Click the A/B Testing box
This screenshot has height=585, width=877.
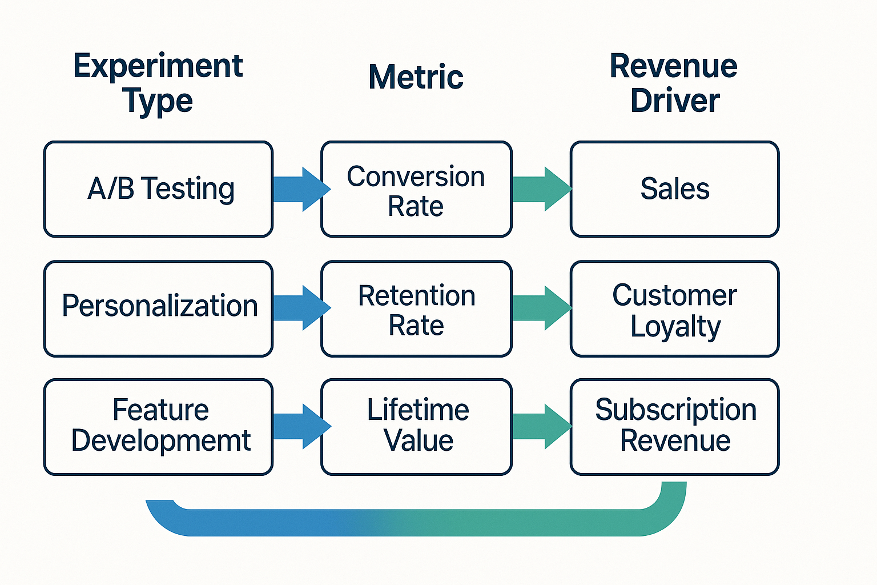point(158,189)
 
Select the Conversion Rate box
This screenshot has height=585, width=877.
point(416,189)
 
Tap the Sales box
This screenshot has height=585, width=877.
point(674,189)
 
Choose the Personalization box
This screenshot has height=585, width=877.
point(158,308)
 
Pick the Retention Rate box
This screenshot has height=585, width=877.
point(416,308)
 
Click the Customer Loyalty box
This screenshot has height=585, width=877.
point(674,308)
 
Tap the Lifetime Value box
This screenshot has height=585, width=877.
point(416,426)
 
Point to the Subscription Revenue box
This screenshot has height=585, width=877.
point(674,426)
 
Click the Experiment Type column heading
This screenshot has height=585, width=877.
point(158,83)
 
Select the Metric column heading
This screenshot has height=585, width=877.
point(416,77)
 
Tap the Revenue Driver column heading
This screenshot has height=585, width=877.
point(674,83)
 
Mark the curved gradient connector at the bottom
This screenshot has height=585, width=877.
point(416,522)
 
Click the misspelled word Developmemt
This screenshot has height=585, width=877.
point(161,440)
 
